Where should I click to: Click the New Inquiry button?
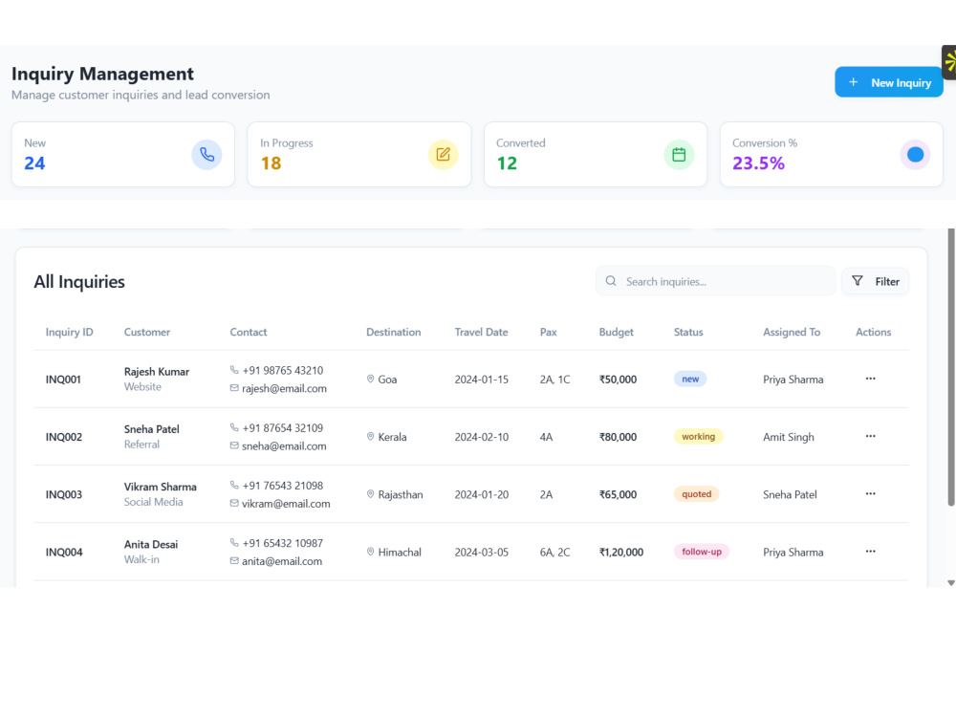click(888, 82)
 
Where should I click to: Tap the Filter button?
click(875, 282)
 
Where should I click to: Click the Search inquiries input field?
click(715, 282)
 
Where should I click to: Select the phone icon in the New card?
click(206, 155)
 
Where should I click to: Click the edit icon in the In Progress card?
click(444, 155)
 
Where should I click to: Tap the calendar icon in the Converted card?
click(679, 155)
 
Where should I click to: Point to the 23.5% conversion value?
click(758, 163)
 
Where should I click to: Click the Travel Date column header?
click(481, 333)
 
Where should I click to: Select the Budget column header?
click(616, 333)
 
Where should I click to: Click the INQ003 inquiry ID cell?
click(64, 494)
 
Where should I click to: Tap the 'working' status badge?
click(698, 437)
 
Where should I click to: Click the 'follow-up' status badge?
click(701, 552)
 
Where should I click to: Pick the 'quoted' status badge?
click(696, 494)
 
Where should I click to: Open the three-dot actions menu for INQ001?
click(870, 379)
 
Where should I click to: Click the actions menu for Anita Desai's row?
click(870, 552)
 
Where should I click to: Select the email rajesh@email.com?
click(284, 388)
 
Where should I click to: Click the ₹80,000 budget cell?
click(618, 437)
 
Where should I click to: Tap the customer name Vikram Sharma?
click(161, 488)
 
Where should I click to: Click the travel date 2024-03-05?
click(481, 553)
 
